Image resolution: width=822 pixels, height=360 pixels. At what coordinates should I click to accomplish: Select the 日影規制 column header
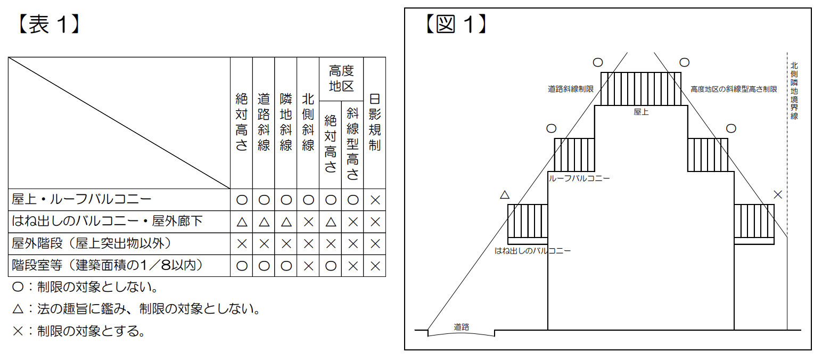coord(374,123)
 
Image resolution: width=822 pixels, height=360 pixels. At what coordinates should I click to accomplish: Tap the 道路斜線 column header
coord(264,123)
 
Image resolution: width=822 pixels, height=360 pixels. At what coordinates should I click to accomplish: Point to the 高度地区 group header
coord(341,78)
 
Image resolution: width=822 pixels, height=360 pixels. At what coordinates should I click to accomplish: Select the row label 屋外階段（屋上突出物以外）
coord(91,243)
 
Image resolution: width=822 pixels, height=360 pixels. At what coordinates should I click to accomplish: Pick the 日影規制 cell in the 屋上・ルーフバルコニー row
coord(374,200)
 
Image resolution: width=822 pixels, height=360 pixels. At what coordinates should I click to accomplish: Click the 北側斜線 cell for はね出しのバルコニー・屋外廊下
coord(308,222)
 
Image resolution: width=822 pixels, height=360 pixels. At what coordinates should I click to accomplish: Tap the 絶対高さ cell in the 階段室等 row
coord(242,266)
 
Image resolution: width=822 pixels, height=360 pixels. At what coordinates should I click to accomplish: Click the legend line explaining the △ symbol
coord(136,309)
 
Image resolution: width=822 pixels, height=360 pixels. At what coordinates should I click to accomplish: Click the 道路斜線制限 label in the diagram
coord(570,89)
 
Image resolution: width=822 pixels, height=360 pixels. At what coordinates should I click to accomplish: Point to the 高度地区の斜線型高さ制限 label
coord(734,89)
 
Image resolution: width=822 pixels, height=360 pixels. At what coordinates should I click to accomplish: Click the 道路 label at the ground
coord(461,327)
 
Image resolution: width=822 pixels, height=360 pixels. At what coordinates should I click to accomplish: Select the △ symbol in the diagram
coord(505,195)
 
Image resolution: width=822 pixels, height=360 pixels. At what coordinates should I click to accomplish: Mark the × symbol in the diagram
coord(778,195)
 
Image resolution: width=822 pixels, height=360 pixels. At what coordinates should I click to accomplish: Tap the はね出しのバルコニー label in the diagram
coord(532,250)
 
